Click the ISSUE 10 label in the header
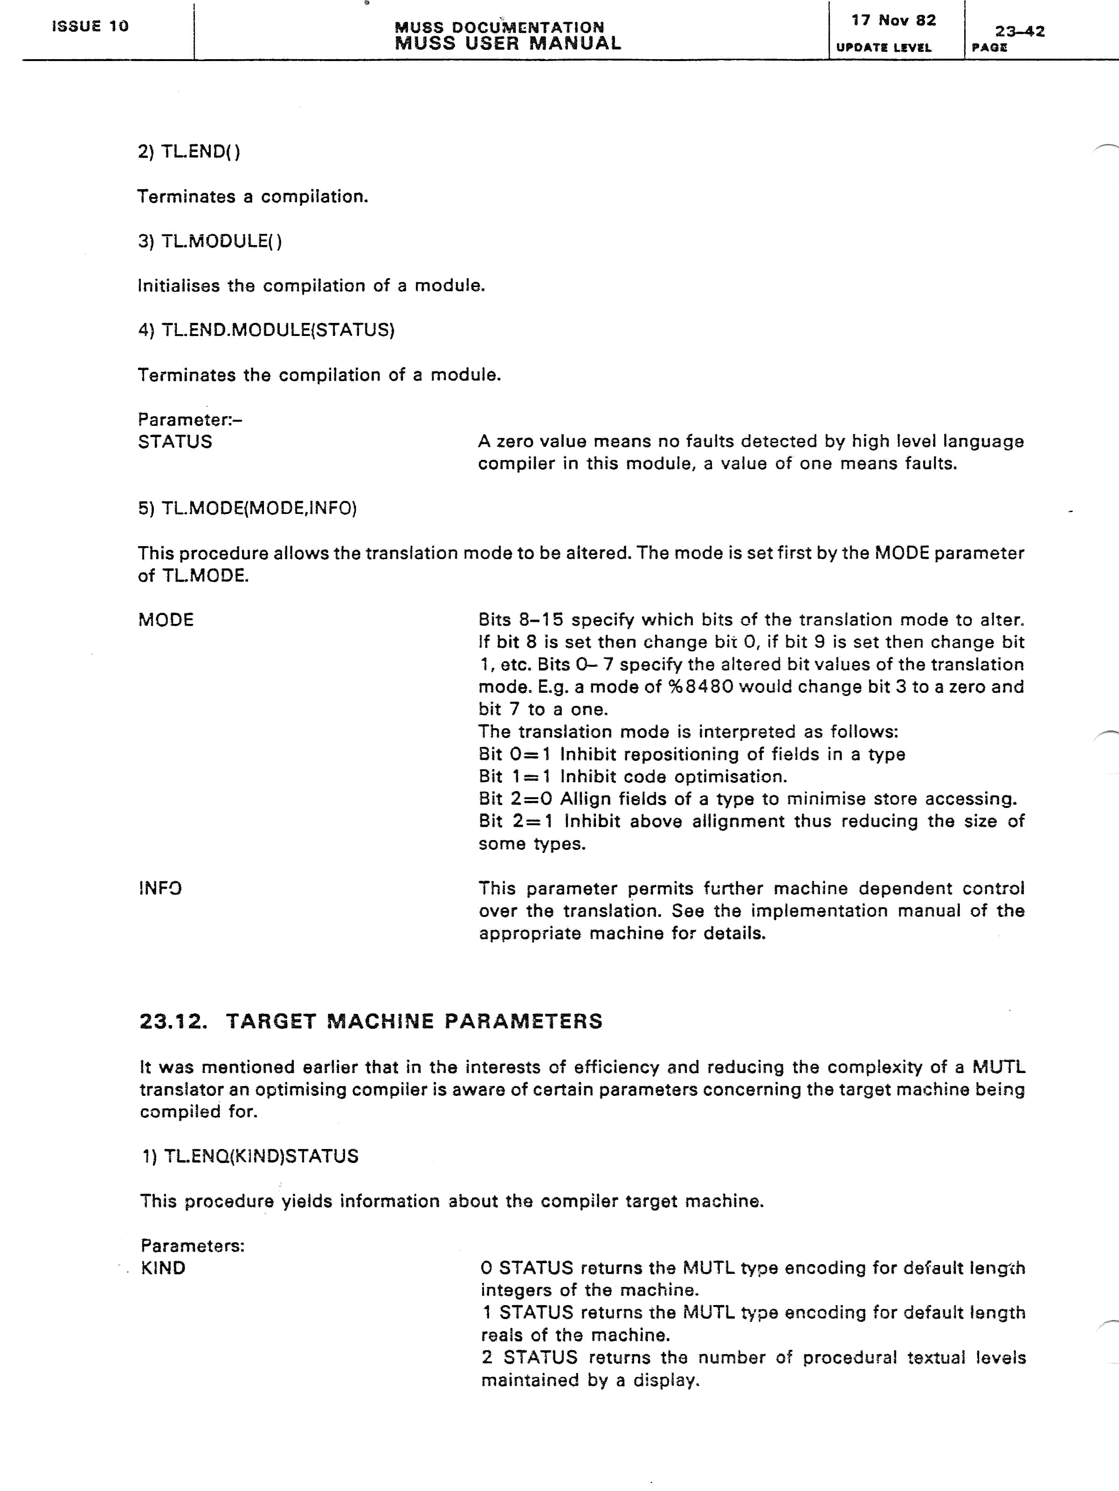click(x=90, y=26)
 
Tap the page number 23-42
click(x=1019, y=31)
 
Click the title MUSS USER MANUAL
click(x=507, y=44)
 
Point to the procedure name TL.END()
click(x=200, y=151)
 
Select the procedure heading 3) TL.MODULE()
click(x=210, y=241)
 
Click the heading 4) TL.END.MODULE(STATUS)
click(x=266, y=330)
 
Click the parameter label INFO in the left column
click(x=160, y=889)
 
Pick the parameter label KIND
click(x=163, y=1268)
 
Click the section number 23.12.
click(x=173, y=1021)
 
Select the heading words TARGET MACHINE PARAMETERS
click(x=414, y=1021)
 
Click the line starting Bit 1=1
click(x=632, y=777)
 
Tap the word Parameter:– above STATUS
click(x=190, y=420)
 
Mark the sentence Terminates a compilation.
click(x=252, y=197)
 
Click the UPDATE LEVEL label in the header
click(x=883, y=48)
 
